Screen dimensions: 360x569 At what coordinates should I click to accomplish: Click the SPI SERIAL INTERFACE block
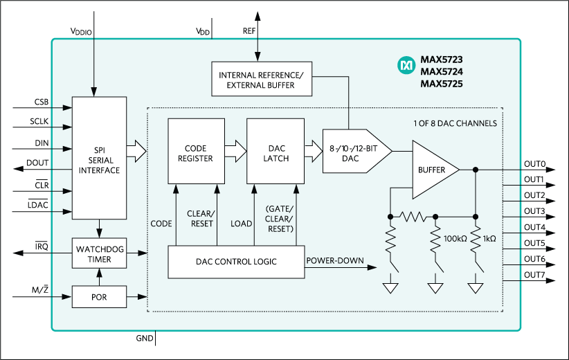pyautogui.click(x=100, y=157)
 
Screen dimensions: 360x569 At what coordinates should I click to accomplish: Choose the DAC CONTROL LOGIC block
pyautogui.click(x=236, y=261)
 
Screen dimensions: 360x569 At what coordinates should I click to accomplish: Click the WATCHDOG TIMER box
pyautogui.click(x=100, y=254)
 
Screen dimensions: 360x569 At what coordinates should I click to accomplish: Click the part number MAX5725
pyautogui.click(x=442, y=84)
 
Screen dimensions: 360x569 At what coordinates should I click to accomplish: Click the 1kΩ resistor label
pyautogui.click(x=489, y=237)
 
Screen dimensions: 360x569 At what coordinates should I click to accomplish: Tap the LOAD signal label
pyautogui.click(x=241, y=224)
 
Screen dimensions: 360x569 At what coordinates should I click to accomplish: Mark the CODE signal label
pyautogui.click(x=161, y=224)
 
